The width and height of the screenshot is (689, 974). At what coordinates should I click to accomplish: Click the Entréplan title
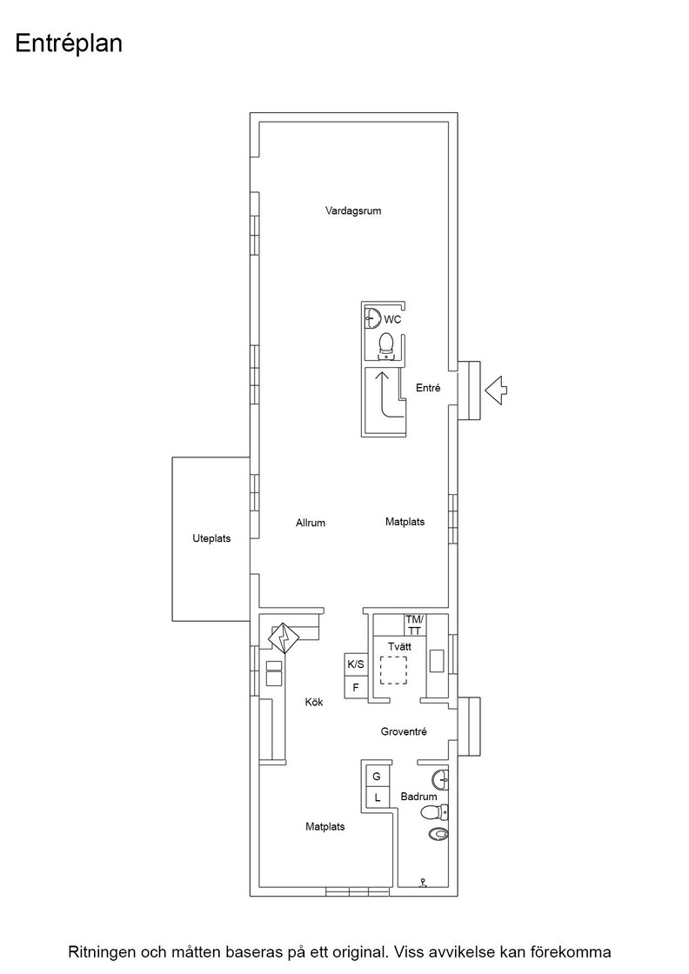pos(69,44)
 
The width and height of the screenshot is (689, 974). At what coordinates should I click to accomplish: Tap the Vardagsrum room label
pos(353,211)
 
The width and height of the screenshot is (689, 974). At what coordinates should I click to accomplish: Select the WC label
pos(392,320)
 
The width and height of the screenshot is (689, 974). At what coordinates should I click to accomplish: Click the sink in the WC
pos(372,318)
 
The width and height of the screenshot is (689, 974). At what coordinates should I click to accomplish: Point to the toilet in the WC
pos(386,345)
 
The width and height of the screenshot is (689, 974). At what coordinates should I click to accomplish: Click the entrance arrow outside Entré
pos(496,390)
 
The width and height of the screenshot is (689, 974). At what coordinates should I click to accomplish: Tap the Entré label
pos(428,388)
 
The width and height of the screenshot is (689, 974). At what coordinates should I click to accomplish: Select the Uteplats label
pos(211,538)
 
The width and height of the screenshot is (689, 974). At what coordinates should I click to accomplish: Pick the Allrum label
pos(311,523)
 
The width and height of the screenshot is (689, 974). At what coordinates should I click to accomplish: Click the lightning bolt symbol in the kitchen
pos(284,638)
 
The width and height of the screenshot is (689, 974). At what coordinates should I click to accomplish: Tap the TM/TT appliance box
pos(414,624)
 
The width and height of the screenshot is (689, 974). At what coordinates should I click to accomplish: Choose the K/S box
pos(356,664)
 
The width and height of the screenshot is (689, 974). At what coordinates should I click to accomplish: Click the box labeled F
pos(356,687)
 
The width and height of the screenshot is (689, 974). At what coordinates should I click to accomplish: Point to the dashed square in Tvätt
pos(392,670)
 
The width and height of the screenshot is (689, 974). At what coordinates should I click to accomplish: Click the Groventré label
pos(404,731)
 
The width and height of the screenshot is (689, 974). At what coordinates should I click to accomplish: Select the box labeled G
pos(377,776)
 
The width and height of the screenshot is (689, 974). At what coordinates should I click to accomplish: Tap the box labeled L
pos(377,798)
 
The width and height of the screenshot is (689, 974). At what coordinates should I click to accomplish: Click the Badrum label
pos(418,797)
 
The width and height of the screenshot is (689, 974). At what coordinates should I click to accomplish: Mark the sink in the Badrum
pos(440,777)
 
